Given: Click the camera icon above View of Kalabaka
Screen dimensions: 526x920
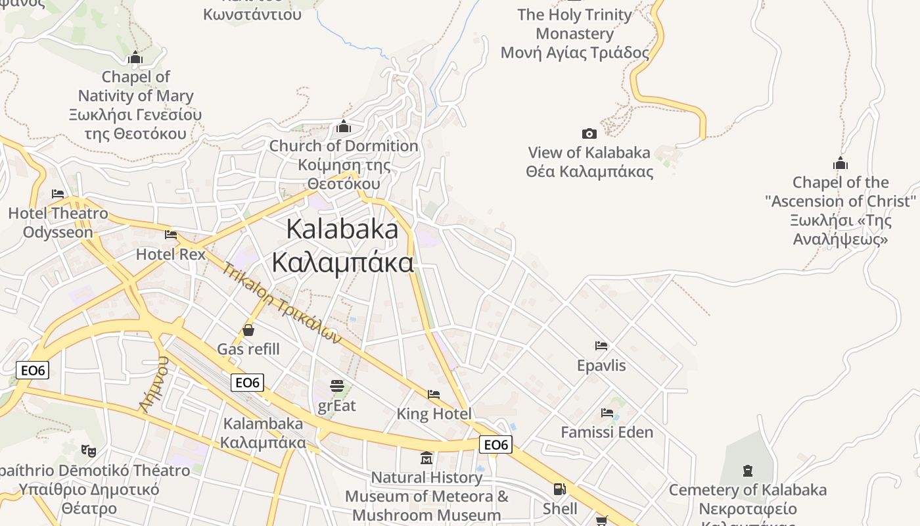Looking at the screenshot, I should pos(589,133).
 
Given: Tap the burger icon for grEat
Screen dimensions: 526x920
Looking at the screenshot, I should pos(336,385).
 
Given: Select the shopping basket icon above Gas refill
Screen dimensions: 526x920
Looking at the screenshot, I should pos(248,329).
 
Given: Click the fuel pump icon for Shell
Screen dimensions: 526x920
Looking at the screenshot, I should pos(559,489).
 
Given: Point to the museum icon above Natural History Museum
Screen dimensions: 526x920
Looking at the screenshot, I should pos(426,458).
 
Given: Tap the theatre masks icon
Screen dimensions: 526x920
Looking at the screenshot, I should pos(88,450).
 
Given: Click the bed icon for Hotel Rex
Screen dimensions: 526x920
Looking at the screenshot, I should pos(171,234).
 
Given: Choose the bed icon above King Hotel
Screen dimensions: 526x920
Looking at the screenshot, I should pos(434,394).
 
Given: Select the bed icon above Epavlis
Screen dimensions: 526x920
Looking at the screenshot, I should pos(601,345).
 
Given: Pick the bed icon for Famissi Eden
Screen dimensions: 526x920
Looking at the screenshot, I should pos(607,413).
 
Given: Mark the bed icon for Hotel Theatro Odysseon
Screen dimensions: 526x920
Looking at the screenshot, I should pos(58,194).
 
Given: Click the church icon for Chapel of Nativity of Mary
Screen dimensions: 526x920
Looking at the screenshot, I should pos(135,58).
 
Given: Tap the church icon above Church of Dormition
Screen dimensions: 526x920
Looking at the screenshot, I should pos(343,126).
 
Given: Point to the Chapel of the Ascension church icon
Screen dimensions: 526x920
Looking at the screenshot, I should pos(840,163).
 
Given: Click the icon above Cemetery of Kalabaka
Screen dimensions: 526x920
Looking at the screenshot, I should pos(747,470).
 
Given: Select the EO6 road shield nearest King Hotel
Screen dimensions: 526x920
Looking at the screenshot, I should pos(495,445).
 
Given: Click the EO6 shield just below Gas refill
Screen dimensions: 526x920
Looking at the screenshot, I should pos(247,383).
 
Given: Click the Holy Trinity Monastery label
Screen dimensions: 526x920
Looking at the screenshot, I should pos(574,34).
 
